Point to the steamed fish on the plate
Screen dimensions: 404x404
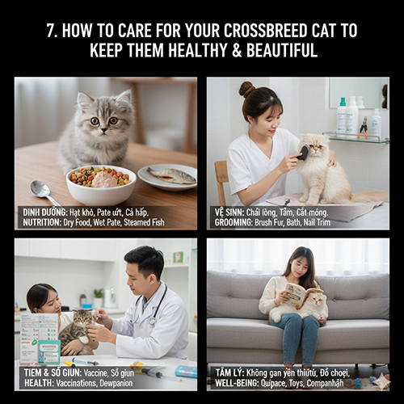pos(169,174)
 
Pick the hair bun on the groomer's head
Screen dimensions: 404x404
pos(246,88)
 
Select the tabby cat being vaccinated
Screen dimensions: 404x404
pos(77,327)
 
